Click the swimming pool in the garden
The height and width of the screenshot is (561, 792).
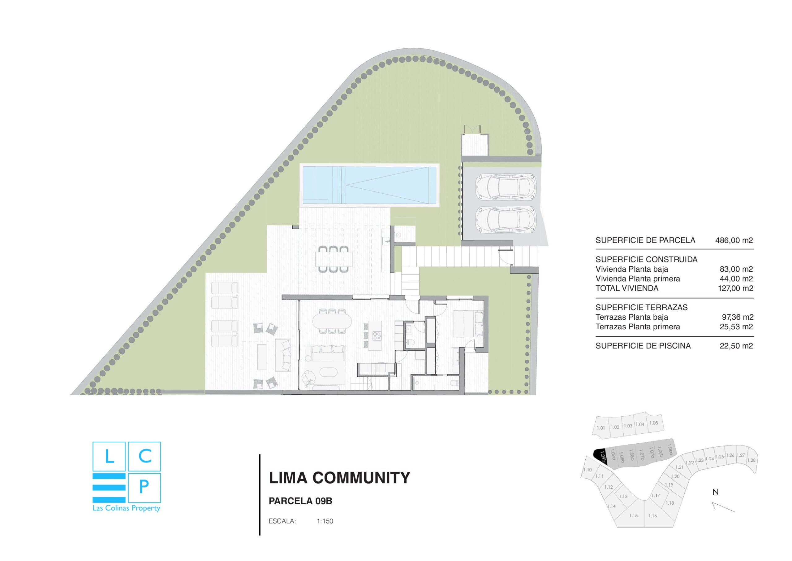point(369,185)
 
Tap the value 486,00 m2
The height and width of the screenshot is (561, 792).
point(734,240)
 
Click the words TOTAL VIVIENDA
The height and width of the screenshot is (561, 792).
point(627,288)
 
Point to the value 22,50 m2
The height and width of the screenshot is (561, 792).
point(736,346)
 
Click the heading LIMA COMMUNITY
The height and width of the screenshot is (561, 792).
point(339,478)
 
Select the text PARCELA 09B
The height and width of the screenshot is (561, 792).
point(300,501)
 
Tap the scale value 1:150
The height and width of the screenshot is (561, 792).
point(325,521)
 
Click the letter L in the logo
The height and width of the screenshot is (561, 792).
point(109,457)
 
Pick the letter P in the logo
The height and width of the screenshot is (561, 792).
point(144,487)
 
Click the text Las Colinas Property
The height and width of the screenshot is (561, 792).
point(126,508)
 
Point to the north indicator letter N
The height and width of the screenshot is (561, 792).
point(715,492)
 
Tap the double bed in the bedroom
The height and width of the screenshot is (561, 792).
point(468,324)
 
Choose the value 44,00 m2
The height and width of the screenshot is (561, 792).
point(736,279)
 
